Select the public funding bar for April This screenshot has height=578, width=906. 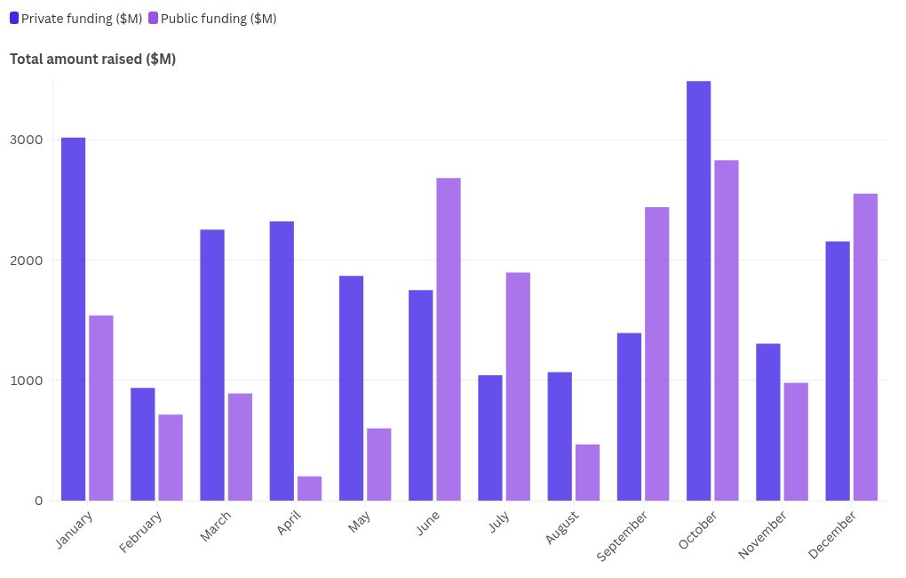point(309,488)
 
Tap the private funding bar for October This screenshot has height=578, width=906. point(698,291)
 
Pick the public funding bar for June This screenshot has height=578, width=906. point(449,339)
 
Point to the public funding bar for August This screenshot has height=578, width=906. point(587,472)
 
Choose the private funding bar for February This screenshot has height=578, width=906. point(142,444)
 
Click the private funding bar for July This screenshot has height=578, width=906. point(489,438)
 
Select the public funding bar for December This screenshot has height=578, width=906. point(865,347)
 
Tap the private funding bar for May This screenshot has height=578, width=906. point(351,388)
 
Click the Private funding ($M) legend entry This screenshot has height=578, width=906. point(75,19)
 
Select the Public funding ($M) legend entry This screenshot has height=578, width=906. point(212,19)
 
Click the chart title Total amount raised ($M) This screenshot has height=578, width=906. point(92,60)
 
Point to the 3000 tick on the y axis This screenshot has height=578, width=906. point(28,140)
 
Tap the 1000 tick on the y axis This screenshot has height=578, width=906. point(28,381)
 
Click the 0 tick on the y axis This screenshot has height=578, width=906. point(38,501)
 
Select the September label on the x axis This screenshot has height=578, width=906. point(623,535)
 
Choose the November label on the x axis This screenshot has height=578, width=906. point(762,534)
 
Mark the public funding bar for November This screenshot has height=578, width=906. point(796,441)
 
